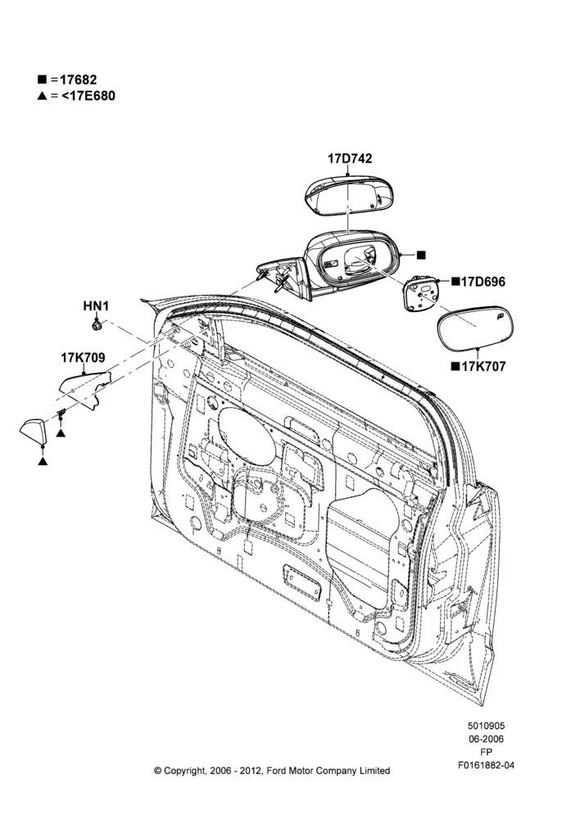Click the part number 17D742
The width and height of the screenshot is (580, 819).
350,158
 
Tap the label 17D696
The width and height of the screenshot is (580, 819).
483,282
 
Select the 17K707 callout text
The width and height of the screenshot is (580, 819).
483,367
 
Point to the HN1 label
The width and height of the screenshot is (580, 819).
96,306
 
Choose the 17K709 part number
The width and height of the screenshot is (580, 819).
83,358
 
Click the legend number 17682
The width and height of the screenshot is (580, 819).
79,80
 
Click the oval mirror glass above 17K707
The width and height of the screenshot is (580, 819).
475,328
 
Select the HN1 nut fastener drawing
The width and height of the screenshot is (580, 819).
96,326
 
